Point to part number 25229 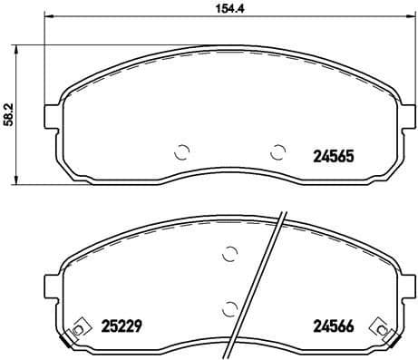pyautogui.click(x=120, y=323)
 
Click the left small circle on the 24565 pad pyautogui.click(x=181, y=152)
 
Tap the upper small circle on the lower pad pyautogui.click(x=230, y=255)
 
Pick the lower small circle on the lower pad pyautogui.click(x=230, y=306)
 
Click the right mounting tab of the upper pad pyautogui.click(x=408, y=116)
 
